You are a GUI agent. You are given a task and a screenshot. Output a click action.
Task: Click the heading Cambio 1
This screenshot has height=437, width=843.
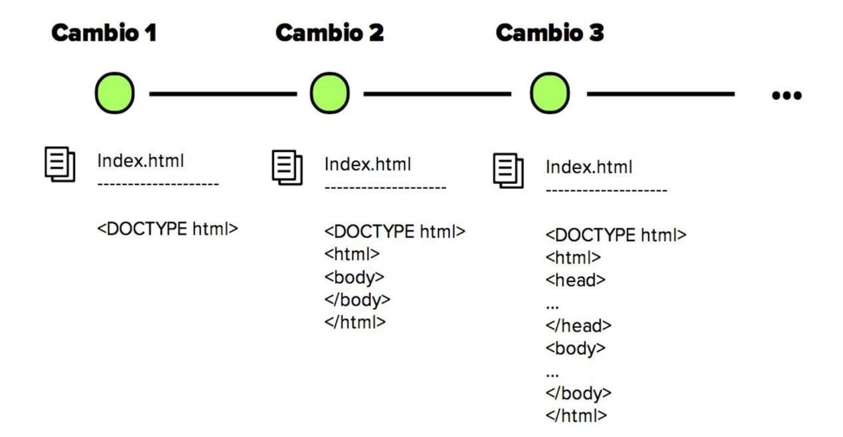pyautogui.click(x=104, y=33)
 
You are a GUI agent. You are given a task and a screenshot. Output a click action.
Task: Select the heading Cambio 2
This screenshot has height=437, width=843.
pyautogui.click(x=329, y=33)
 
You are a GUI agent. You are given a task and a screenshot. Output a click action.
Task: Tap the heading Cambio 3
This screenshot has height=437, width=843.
pyautogui.click(x=549, y=33)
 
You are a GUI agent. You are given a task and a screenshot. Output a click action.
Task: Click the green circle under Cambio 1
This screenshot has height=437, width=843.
pyautogui.click(x=115, y=93)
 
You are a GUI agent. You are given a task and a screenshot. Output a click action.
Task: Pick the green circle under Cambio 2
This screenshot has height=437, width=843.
pyautogui.click(x=329, y=93)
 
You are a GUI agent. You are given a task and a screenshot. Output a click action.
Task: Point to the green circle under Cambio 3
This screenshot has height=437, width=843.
pyautogui.click(x=549, y=93)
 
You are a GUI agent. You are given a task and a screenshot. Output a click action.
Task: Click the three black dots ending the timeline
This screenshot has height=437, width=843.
pyautogui.click(x=786, y=95)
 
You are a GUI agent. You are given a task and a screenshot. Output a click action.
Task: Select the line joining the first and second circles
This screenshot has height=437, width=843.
pyautogui.click(x=222, y=94)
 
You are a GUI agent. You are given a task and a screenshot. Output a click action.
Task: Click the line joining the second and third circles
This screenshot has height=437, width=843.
pyautogui.click(x=437, y=94)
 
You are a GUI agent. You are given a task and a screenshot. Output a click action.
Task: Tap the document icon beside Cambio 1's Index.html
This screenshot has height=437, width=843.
pyautogui.click(x=60, y=163)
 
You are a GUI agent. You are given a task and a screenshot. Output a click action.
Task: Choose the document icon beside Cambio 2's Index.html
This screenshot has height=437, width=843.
pyautogui.click(x=287, y=167)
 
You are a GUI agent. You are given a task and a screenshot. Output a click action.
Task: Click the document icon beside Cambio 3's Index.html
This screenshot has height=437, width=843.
pyautogui.click(x=508, y=170)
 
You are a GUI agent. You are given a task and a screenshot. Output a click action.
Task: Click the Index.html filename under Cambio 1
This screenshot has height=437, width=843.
pyautogui.click(x=140, y=161)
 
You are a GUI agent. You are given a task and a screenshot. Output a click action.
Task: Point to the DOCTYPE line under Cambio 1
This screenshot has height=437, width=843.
pyautogui.click(x=167, y=229)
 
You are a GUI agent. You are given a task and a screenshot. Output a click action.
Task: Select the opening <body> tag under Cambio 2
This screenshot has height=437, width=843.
pyautogui.click(x=354, y=277)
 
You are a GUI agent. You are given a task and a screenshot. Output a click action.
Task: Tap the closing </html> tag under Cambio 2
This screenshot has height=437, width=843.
pyautogui.click(x=355, y=322)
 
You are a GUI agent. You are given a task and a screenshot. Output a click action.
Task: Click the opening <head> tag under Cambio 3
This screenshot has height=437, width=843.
pyautogui.click(x=575, y=280)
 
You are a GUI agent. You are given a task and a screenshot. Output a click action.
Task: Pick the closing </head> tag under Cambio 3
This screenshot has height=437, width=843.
pyautogui.click(x=578, y=326)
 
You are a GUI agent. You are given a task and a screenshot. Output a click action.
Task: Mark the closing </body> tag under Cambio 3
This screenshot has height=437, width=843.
pyautogui.click(x=578, y=393)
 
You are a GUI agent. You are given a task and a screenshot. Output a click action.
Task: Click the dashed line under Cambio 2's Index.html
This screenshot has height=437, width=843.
pyautogui.click(x=385, y=188)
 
